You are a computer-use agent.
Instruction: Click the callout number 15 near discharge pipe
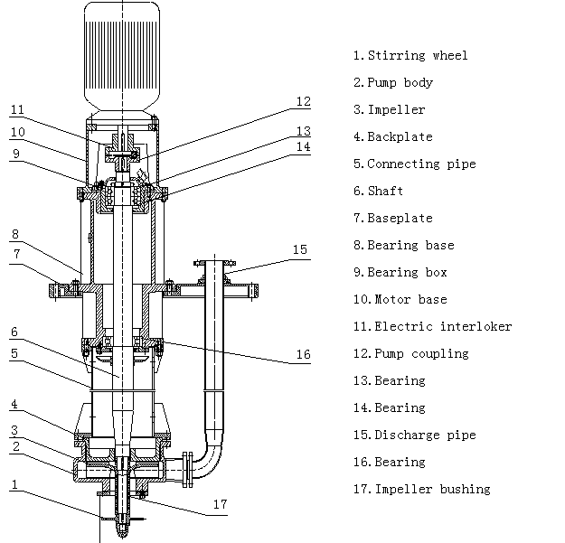[300, 249]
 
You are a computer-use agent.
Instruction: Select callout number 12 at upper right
[304, 102]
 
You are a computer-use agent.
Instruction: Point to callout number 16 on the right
[304, 355]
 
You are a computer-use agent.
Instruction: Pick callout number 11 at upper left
[17, 110]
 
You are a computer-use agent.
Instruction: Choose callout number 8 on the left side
[14, 234]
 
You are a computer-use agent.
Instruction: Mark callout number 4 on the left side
[14, 404]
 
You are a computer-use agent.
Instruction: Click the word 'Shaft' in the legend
[385, 192]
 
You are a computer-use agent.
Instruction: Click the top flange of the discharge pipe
[213, 263]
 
